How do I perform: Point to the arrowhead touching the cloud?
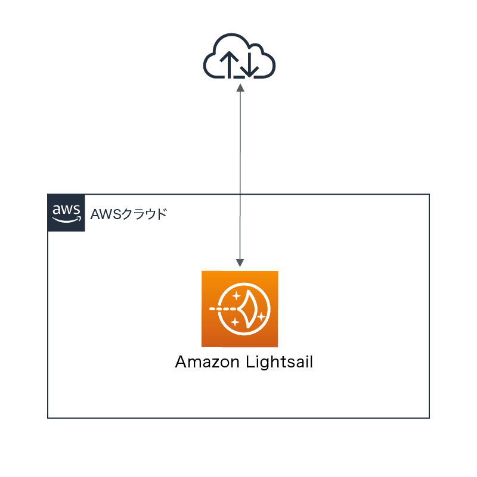pyautogui.click(x=240, y=87)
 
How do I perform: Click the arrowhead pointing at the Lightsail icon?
pyautogui.click(x=240, y=262)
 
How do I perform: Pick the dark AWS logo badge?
pyautogui.click(x=66, y=213)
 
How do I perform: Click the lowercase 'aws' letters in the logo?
pyautogui.click(x=66, y=209)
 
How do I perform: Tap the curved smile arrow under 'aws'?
pyautogui.click(x=66, y=219)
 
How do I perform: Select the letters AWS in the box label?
pyautogui.click(x=101, y=213)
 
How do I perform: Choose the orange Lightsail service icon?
pyautogui.click(x=240, y=308)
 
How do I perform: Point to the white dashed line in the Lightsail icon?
pyautogui.click(x=224, y=310)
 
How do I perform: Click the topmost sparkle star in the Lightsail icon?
pyautogui.click(x=237, y=295)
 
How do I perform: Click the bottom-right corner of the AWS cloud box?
pyautogui.click(x=429, y=417)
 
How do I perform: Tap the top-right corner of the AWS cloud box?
pyautogui.click(x=429, y=194)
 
